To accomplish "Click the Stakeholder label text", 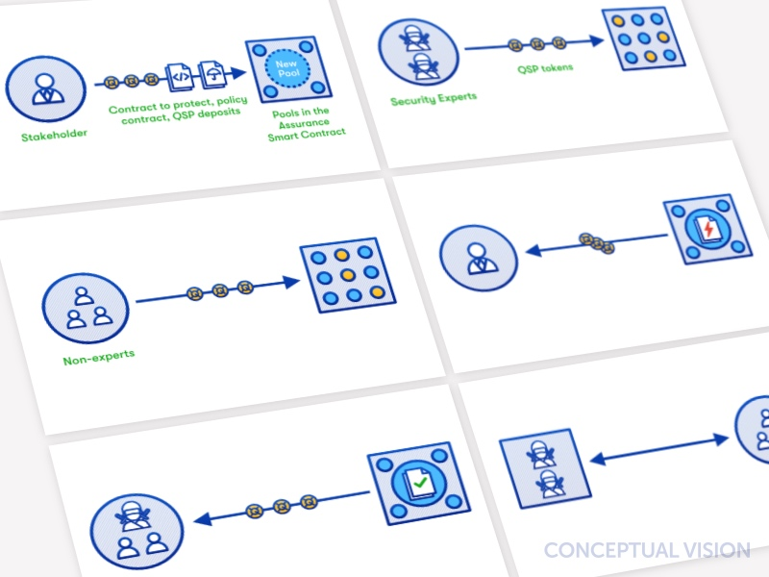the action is (x=54, y=135).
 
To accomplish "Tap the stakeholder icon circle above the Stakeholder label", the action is (x=45, y=88).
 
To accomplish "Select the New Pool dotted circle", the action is (x=286, y=68).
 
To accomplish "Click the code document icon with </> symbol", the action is (x=180, y=77).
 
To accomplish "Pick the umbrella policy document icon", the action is (x=211, y=74).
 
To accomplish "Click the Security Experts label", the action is (x=434, y=99).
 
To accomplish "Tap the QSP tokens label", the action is (x=545, y=68).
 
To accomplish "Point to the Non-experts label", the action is (x=99, y=357).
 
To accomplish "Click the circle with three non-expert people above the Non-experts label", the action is (x=86, y=308).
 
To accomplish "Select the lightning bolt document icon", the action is (x=707, y=229).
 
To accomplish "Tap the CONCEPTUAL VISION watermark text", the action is (x=647, y=550).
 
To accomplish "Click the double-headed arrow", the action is (x=659, y=449).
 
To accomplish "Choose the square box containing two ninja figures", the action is (x=545, y=468).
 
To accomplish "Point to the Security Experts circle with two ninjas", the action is (x=418, y=52).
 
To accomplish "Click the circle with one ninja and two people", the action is (x=136, y=533).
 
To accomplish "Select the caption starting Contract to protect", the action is (x=178, y=110).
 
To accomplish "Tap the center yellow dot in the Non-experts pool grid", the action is (x=348, y=275).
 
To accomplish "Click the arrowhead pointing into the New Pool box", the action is (x=238, y=73).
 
